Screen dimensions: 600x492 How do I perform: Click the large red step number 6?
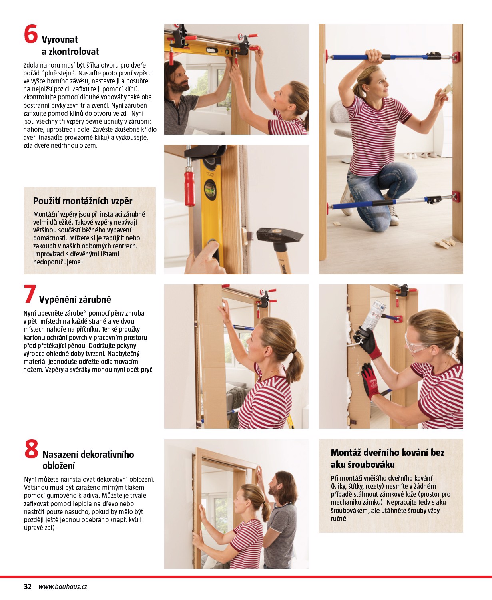(x=31, y=34)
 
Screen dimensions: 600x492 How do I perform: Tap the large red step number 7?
(x=30, y=294)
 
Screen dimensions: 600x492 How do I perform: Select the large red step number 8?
(x=31, y=449)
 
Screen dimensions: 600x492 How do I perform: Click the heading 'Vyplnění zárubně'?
(x=75, y=300)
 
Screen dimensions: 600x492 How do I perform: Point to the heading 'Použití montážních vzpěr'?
(x=82, y=201)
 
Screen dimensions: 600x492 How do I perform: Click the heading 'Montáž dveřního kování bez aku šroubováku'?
(x=387, y=458)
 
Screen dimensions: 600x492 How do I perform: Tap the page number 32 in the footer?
(x=28, y=587)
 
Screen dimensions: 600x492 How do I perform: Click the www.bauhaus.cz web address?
(x=62, y=587)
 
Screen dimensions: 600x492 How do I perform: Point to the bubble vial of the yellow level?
(x=210, y=188)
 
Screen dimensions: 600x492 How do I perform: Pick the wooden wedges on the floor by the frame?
(x=447, y=242)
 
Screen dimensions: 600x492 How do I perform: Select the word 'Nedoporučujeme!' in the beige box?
(x=58, y=262)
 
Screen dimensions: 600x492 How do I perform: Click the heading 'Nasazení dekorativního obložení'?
(x=88, y=460)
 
